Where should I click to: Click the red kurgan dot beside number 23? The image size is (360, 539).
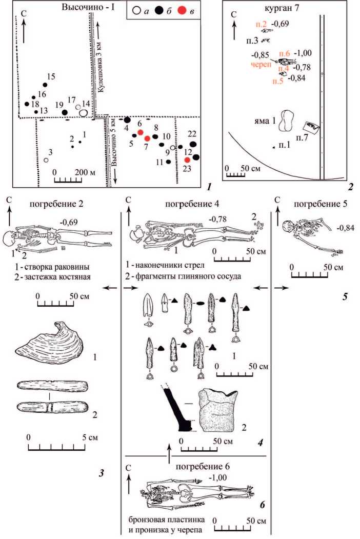(x=188, y=161)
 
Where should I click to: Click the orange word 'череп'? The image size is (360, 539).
(x=261, y=65)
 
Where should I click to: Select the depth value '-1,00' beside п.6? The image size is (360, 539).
(x=305, y=53)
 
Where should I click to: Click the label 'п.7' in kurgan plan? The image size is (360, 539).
(x=303, y=138)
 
